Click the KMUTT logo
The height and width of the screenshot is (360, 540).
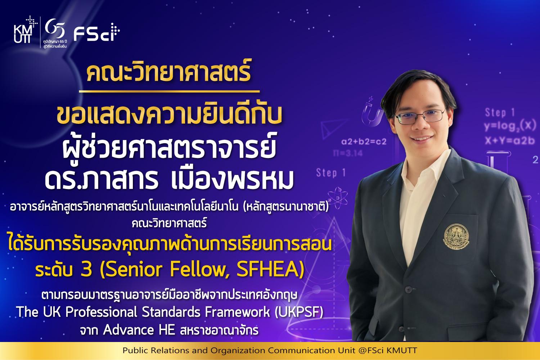tap(25, 30)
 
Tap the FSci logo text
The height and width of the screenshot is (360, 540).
tap(97, 32)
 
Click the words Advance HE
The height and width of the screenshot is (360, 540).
tap(139, 330)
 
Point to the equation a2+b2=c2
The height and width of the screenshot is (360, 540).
tap(364, 141)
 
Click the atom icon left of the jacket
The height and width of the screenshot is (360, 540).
tap(338, 198)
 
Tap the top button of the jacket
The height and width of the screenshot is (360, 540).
tap(408, 289)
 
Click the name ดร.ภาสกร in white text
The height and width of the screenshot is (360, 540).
tap(101, 180)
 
